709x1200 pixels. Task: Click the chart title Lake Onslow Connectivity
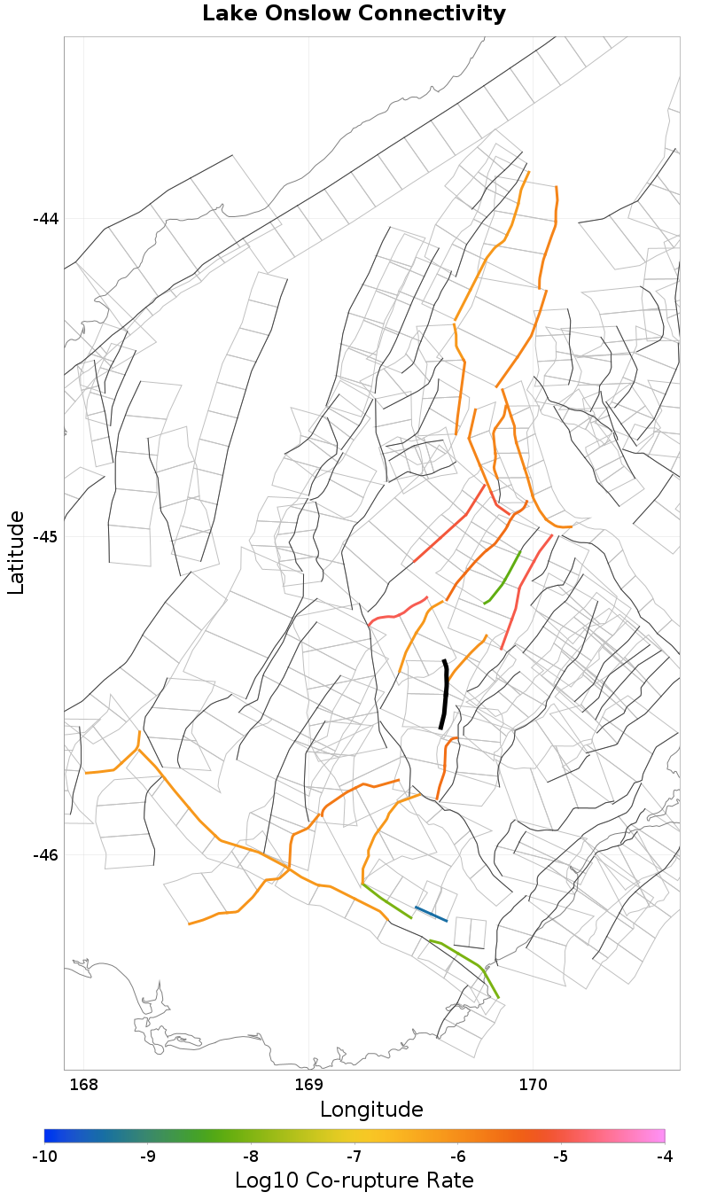(x=354, y=14)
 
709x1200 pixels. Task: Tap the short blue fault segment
(x=431, y=914)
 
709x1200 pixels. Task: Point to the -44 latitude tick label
(x=45, y=219)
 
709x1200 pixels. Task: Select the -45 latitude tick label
(x=45, y=537)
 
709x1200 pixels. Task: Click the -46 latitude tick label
(x=45, y=855)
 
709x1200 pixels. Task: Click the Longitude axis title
(x=371, y=1110)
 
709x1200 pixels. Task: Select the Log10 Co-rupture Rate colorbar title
(x=354, y=1181)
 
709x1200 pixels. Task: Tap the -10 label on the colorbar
(x=44, y=1156)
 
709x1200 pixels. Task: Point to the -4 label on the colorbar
(x=664, y=1156)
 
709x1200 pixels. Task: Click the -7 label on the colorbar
(x=354, y=1156)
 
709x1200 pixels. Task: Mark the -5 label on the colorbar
(x=560, y=1156)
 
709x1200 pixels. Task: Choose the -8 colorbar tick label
(x=251, y=1156)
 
